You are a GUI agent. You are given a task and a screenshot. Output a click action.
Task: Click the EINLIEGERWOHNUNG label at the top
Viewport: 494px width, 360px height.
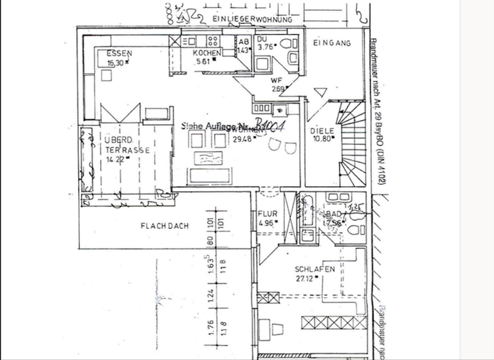click(251, 20)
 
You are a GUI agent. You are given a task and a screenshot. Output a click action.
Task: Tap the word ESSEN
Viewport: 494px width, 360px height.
click(119, 54)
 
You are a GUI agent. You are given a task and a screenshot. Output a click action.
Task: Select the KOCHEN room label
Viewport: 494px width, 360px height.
click(207, 53)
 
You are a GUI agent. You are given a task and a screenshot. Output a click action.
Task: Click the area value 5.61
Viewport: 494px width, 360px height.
click(203, 62)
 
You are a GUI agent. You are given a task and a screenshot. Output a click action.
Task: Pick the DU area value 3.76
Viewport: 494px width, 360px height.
click(265, 46)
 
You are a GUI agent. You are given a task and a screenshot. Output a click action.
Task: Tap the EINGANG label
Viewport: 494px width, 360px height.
click(332, 43)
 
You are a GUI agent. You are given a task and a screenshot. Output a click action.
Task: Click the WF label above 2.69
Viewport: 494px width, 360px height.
click(277, 80)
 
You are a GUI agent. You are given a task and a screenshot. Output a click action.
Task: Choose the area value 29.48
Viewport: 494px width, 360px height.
click(242, 139)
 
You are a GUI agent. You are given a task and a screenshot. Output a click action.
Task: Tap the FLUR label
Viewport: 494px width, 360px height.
click(267, 215)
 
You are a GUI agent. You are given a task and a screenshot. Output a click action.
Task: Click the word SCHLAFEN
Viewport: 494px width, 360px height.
click(315, 269)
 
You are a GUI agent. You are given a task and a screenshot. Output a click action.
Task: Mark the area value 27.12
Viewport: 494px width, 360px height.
click(306, 278)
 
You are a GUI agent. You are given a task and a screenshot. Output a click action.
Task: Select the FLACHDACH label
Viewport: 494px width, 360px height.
click(164, 226)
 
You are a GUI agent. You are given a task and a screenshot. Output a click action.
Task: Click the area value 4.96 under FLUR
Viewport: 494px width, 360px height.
click(266, 223)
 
